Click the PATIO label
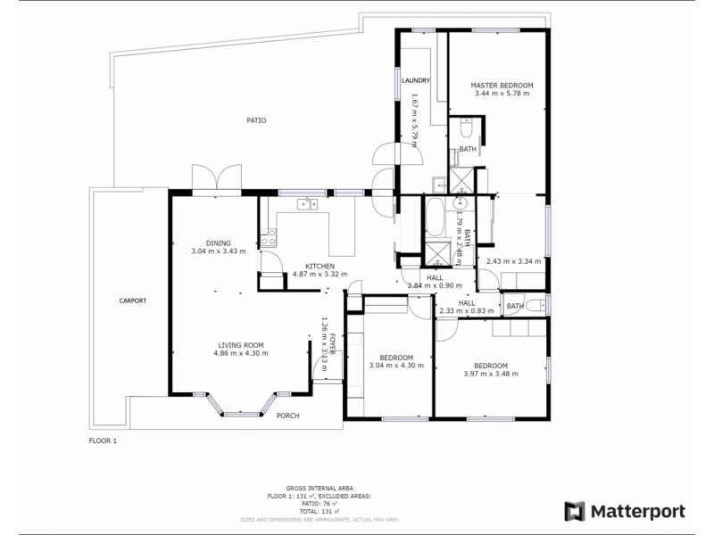[256, 120]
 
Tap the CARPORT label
[132, 300]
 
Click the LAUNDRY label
[416, 80]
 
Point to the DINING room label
[219, 243]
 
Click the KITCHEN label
[320, 267]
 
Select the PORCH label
[287, 416]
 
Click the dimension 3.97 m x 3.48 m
[491, 374]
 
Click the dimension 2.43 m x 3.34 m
[514, 261]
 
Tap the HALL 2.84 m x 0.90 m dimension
[435, 285]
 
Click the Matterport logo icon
[576, 511]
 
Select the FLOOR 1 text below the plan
[103, 440]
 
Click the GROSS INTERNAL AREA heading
[320, 488]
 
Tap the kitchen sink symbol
[308, 204]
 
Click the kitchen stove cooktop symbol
[267, 238]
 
